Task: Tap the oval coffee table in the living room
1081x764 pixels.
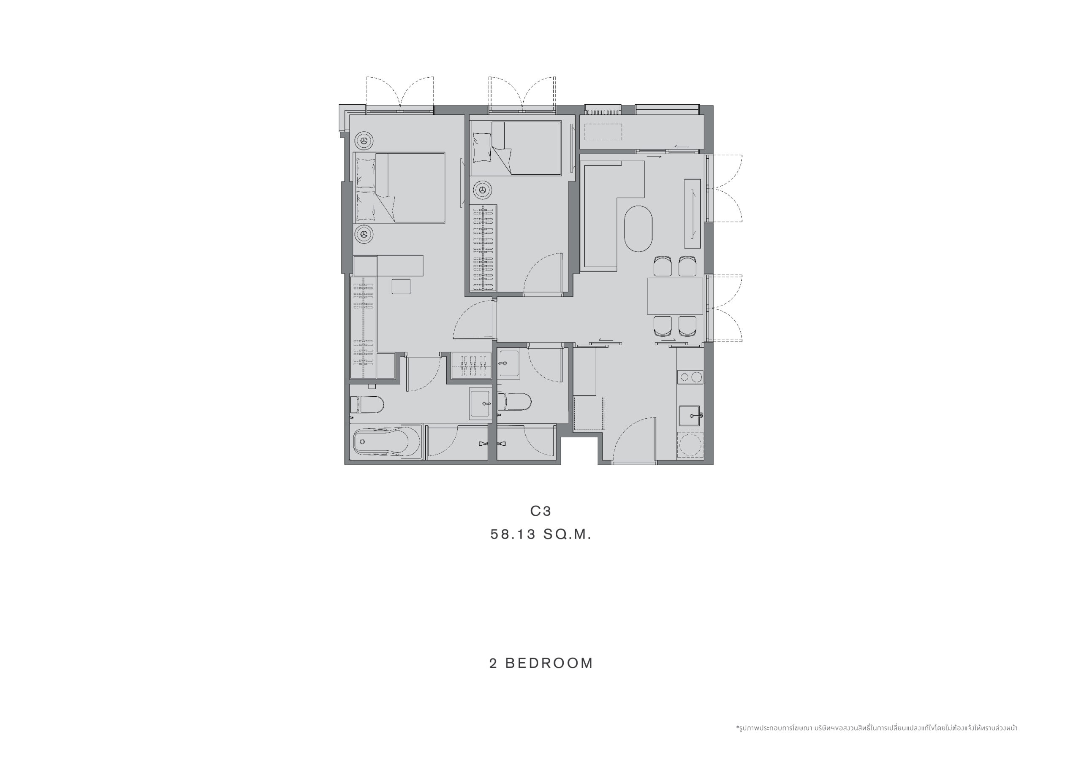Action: [x=638, y=228]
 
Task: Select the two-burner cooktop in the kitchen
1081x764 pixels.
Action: [x=690, y=377]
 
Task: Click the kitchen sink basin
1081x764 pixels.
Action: [x=689, y=416]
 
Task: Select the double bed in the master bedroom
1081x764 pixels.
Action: [x=399, y=187]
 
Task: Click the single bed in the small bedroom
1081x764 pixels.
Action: [x=516, y=148]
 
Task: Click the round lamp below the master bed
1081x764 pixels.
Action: [x=364, y=234]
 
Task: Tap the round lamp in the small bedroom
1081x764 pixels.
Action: [x=482, y=190]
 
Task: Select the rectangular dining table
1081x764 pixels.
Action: [x=675, y=296]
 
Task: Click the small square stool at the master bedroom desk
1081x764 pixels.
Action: [x=401, y=287]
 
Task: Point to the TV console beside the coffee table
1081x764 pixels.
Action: [x=693, y=213]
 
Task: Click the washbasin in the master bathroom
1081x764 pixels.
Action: [x=480, y=404]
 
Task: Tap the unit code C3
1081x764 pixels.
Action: [x=540, y=511]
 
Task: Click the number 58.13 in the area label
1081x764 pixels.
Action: [x=513, y=534]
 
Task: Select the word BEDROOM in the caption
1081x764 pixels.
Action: [x=549, y=663]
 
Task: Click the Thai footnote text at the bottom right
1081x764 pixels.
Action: [x=877, y=728]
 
